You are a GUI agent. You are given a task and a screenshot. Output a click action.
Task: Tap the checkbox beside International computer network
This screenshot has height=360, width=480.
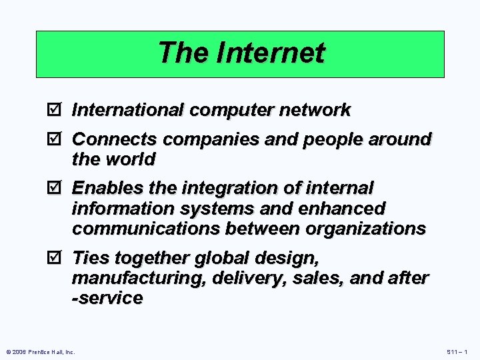point(57,110)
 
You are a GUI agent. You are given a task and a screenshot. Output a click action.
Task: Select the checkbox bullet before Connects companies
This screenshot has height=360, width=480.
point(57,139)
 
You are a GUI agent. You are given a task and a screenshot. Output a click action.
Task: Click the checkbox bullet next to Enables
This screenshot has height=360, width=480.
point(57,189)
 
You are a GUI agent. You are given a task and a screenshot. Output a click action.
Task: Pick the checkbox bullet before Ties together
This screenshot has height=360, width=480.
point(57,258)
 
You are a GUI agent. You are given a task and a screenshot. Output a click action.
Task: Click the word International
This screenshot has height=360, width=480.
point(129,110)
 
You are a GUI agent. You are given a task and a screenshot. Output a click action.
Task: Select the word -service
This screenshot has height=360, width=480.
point(107,298)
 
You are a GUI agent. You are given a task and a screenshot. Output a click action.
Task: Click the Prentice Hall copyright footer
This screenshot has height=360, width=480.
point(40,351)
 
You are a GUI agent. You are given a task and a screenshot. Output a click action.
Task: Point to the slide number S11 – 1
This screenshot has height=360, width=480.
point(456,351)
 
